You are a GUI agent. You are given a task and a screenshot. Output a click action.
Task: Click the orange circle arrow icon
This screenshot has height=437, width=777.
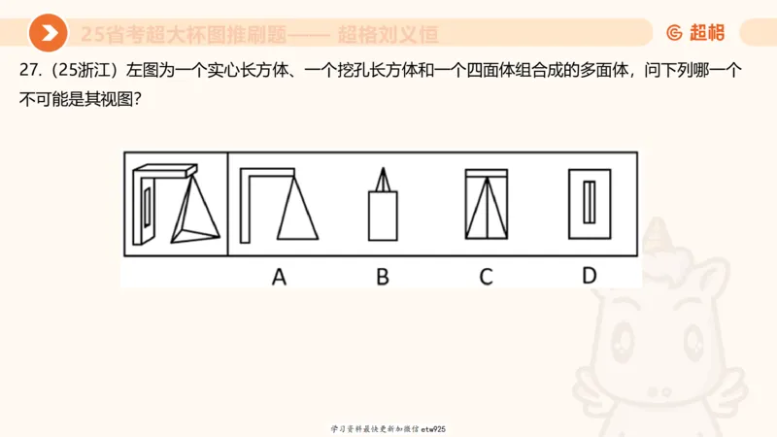point(48,34)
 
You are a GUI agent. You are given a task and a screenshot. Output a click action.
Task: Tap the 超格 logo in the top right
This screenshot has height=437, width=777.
point(695,33)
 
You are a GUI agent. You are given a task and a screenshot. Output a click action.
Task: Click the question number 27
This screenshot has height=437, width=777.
point(29,72)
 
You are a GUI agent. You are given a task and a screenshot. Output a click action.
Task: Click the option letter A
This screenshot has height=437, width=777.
point(279,277)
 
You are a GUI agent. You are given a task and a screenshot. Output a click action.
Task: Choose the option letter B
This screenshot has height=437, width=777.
point(383,277)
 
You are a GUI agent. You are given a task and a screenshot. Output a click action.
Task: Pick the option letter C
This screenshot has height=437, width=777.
point(486,277)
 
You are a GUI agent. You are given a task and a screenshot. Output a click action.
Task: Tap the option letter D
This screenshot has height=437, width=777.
point(589,276)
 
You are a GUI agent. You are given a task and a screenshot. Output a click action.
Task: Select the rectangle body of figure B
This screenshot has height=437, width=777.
point(383,215)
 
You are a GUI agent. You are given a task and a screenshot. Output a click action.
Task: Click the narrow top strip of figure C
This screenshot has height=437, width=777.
point(486,176)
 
